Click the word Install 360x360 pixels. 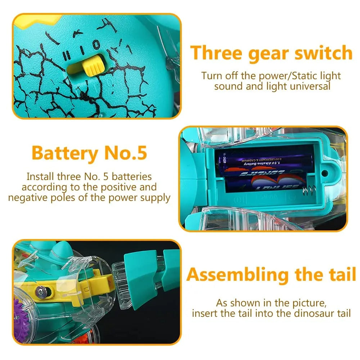40,177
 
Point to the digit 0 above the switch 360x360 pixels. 96,45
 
